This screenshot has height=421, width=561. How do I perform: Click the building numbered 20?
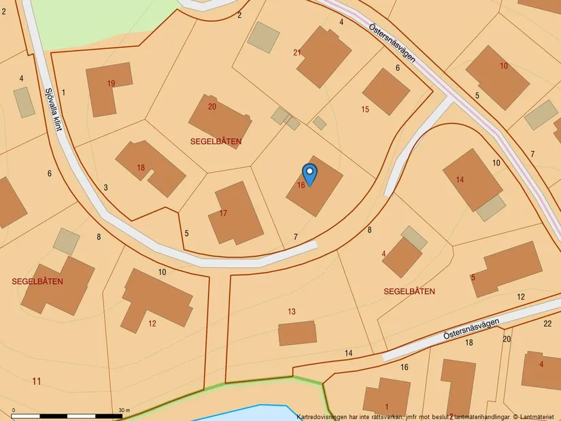point(219,120)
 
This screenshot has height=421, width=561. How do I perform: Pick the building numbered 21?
point(324,57)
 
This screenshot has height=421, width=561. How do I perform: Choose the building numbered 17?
point(235,214)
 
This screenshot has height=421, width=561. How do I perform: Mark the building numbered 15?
point(386,92)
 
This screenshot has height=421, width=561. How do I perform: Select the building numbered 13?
point(297,333)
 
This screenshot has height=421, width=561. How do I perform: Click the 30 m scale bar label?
point(123,410)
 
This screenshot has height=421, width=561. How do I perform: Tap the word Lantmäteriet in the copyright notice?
point(539,416)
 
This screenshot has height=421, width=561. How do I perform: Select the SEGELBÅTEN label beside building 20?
point(217,141)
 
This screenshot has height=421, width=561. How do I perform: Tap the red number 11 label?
point(37,381)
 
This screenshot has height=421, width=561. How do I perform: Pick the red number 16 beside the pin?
point(301,185)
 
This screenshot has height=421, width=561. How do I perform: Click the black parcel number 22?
point(547,324)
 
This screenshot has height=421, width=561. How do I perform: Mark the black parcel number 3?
point(106,188)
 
